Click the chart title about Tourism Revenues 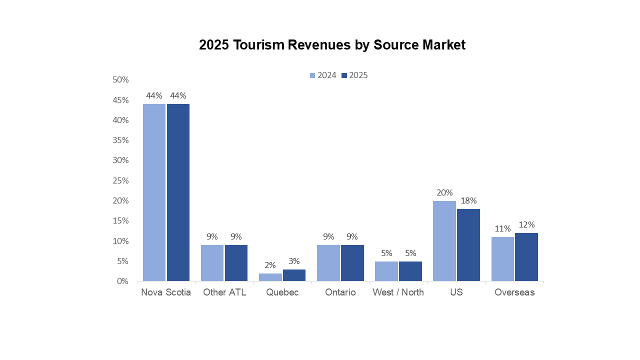332,45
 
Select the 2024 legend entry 323,75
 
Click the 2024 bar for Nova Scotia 154,192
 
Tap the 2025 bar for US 468,245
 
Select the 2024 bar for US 444,241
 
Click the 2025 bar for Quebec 294,275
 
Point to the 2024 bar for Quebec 270,277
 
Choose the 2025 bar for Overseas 526,257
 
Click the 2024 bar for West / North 386,271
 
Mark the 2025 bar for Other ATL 236,263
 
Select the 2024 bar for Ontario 328,263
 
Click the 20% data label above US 444,192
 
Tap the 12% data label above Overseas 526,224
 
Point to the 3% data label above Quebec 294,261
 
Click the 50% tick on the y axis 120,80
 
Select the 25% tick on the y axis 120,180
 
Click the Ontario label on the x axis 340,292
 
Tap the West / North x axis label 398,292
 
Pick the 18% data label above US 468,200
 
